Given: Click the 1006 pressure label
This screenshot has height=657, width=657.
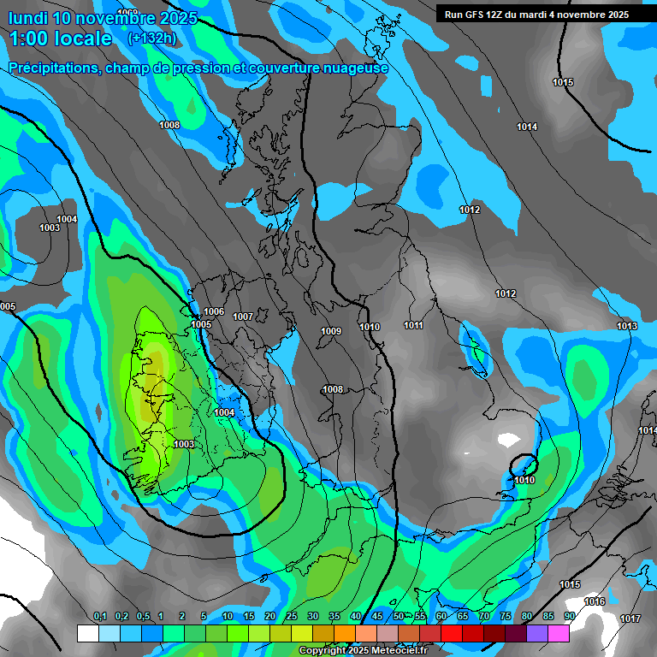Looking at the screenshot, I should [x=214, y=311].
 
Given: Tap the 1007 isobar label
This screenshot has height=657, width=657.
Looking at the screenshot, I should [x=243, y=317].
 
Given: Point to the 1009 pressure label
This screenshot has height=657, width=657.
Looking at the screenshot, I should [x=331, y=331].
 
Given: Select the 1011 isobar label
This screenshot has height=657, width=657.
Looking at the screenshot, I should [x=414, y=325].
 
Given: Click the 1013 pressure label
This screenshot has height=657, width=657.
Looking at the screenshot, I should [x=627, y=326].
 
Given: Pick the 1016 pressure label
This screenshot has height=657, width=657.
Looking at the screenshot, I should [x=595, y=601].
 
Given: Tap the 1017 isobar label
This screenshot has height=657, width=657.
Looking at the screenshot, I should [x=630, y=619].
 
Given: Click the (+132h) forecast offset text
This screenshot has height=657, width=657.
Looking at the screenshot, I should [x=151, y=38].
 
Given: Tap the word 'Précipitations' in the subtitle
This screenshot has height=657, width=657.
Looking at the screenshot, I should [x=51, y=68].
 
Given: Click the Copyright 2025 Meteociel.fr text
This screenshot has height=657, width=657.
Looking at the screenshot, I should [x=363, y=650].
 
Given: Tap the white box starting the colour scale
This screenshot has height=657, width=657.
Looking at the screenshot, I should [x=87, y=633].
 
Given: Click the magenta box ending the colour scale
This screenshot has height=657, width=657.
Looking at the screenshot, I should [x=559, y=633].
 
